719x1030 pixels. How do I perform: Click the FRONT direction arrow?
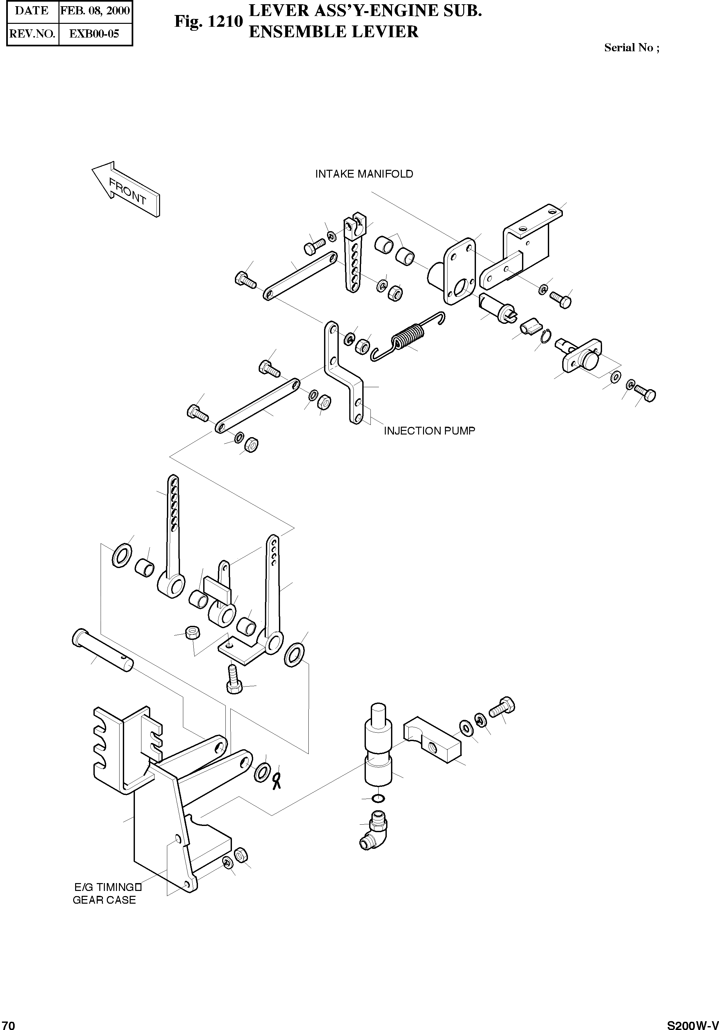(x=126, y=189)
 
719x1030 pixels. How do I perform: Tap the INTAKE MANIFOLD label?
(x=364, y=174)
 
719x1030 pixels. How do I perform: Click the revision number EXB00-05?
(x=94, y=34)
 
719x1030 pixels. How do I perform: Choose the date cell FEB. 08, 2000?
(x=95, y=10)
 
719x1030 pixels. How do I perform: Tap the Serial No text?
(x=631, y=48)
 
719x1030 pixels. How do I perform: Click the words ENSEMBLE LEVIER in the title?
(x=334, y=32)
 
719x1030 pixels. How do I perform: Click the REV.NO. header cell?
(x=32, y=34)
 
